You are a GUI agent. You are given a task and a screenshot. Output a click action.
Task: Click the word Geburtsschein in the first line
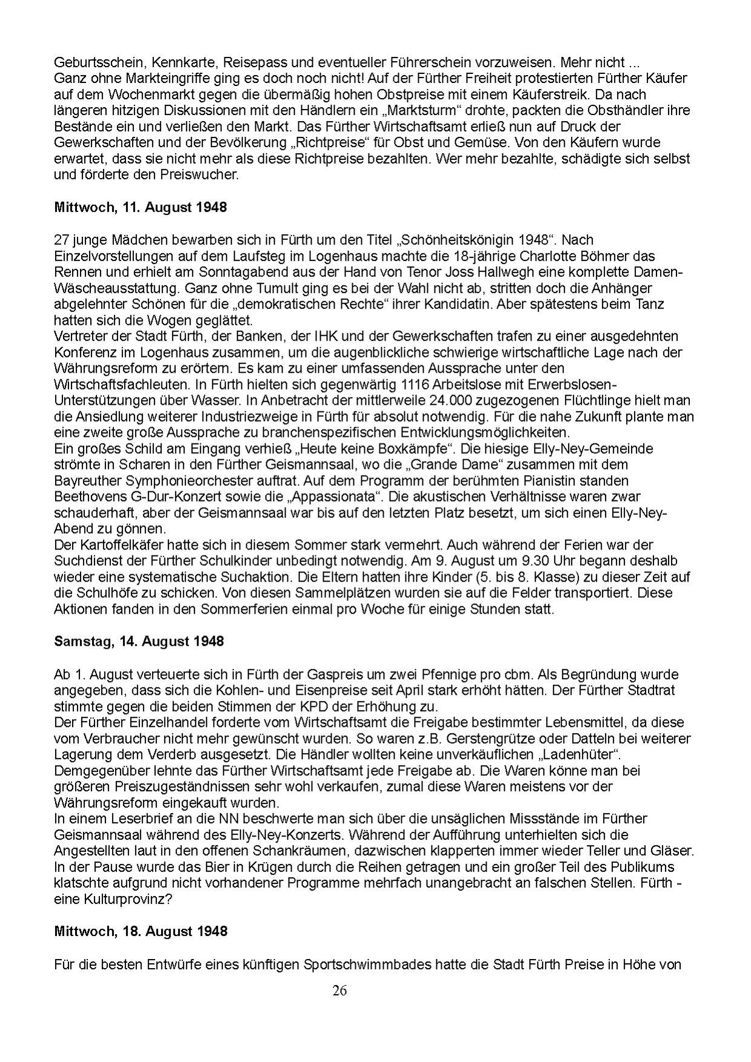(92, 62)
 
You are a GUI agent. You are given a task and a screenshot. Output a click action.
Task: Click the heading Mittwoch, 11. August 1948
(141, 207)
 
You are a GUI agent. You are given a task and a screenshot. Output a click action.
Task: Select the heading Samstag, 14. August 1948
(139, 641)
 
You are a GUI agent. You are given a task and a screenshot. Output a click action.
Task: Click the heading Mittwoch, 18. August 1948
(141, 931)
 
